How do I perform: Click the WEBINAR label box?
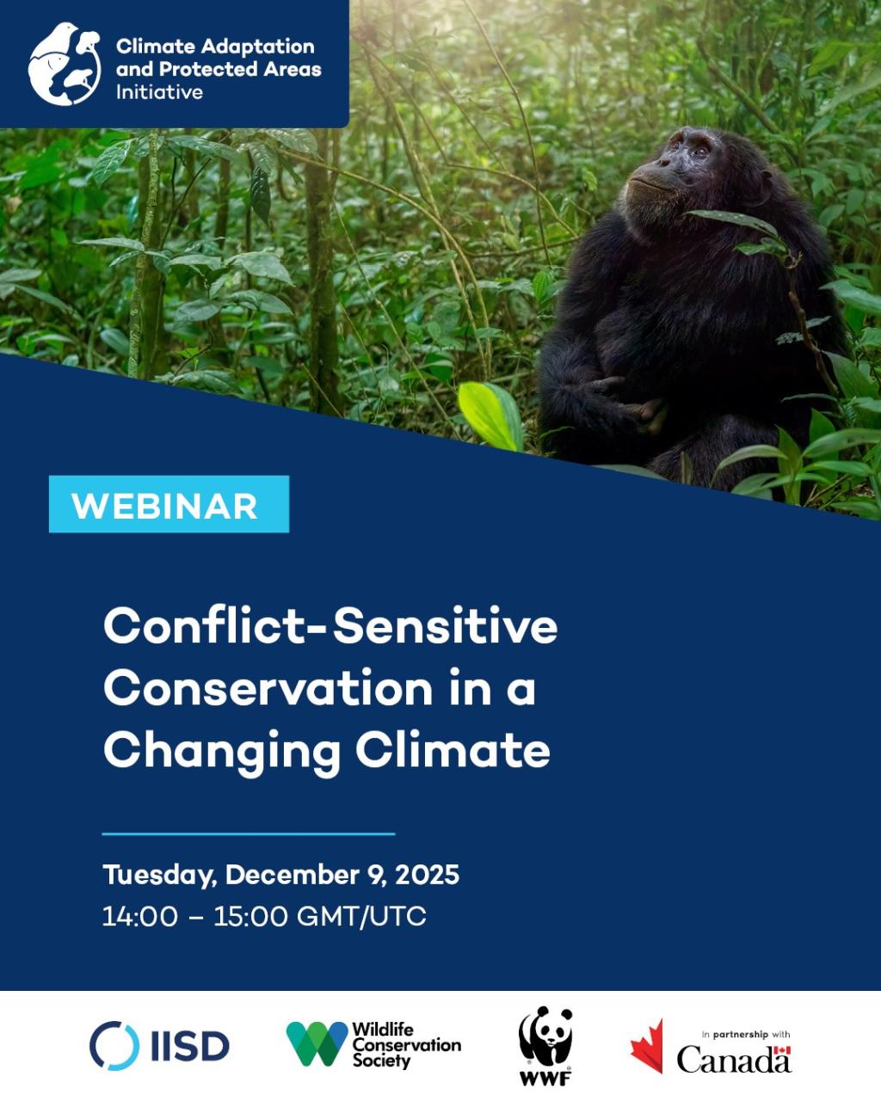tap(169, 505)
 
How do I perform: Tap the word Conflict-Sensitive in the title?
tap(330, 626)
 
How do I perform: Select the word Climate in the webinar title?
tap(453, 750)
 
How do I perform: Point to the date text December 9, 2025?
tap(342, 875)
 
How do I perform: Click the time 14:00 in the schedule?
tap(139, 916)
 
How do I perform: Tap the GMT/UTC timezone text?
tap(361, 916)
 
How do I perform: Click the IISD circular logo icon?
tap(114, 1046)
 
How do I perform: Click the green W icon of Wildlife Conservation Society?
tap(317, 1043)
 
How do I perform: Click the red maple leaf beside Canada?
tap(648, 1047)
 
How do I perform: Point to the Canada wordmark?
tap(733, 1060)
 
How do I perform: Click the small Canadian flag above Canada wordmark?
tap(781, 1050)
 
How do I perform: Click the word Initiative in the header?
tap(159, 93)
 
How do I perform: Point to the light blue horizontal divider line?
tap(248, 833)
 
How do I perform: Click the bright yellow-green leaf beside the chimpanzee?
tap(491, 415)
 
